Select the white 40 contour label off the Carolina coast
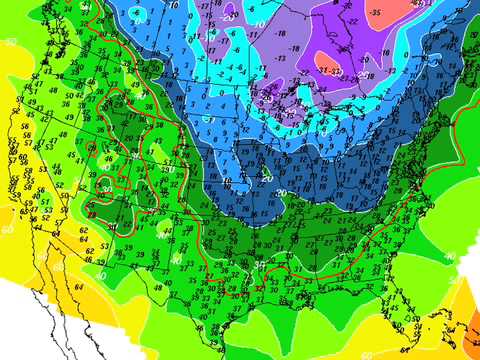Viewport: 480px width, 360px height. point(447,258)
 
